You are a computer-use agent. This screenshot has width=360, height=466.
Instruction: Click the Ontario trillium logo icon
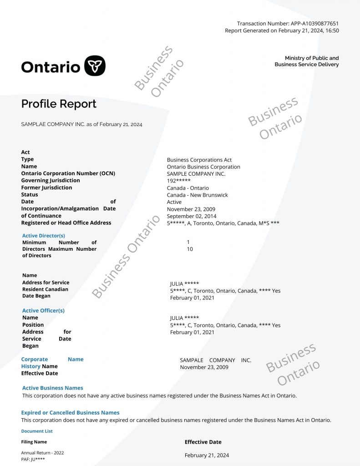click(95, 66)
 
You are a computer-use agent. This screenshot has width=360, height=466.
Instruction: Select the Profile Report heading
click(59, 104)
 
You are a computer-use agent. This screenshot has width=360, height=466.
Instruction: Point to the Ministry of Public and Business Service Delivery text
click(307, 61)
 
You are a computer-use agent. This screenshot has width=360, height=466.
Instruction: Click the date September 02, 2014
click(192, 216)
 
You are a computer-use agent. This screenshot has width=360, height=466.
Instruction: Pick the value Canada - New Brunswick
click(198, 195)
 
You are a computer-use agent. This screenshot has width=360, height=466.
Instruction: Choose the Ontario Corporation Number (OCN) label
click(68, 173)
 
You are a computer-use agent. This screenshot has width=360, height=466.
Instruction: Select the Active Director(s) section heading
click(44, 236)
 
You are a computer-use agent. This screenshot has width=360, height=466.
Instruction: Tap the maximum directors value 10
click(190, 249)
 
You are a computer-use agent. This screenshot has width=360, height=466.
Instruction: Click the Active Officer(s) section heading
click(43, 310)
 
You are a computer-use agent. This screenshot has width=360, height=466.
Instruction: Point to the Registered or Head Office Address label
click(66, 223)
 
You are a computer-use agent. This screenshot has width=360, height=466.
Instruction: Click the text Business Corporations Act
click(199, 160)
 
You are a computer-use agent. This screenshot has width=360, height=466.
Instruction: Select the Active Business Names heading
click(53, 388)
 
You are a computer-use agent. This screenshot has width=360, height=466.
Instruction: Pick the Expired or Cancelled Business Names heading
click(71, 412)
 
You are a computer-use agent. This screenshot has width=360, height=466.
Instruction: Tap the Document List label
click(37, 431)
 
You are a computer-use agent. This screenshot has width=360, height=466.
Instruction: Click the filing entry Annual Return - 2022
click(42, 453)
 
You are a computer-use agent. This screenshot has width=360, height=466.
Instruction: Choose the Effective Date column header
click(203, 442)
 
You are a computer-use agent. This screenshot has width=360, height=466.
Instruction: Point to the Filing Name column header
click(34, 442)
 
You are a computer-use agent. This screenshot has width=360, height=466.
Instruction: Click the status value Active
click(174, 202)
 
